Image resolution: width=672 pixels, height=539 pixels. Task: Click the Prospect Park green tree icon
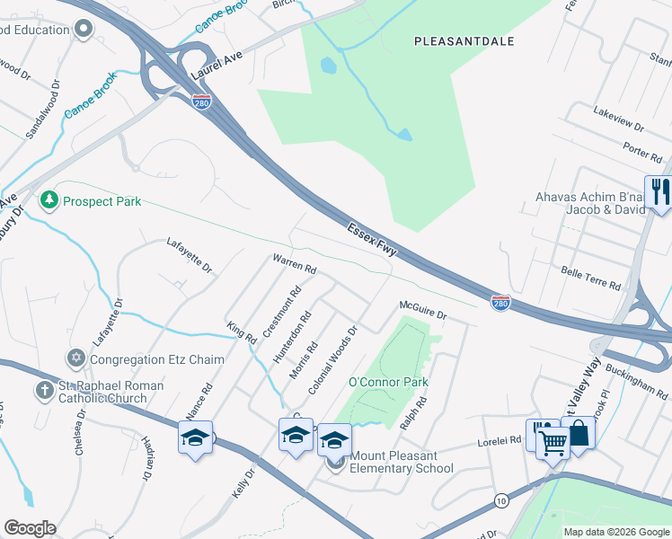(49, 200)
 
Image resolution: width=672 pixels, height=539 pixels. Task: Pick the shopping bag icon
(578, 432)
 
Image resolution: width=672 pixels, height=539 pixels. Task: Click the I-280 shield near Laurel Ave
(201, 102)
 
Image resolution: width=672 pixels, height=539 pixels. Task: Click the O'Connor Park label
(388, 382)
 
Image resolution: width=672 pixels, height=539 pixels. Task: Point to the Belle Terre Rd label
(590, 278)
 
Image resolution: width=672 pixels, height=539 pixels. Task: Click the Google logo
(30, 528)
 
